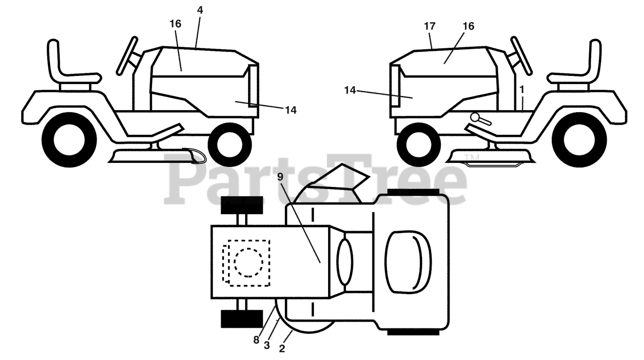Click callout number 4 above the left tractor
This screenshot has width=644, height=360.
pyautogui.click(x=200, y=9)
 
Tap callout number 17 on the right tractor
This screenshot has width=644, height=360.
pyautogui.click(x=430, y=26)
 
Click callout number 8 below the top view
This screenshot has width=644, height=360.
pyautogui.click(x=256, y=340)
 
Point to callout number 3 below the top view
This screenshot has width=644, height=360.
pyautogui.click(x=267, y=345)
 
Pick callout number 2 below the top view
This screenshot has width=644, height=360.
pyautogui.click(x=282, y=348)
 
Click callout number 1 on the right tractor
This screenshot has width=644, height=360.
pyautogui.click(x=522, y=89)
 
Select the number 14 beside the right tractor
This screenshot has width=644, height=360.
pyautogui.click(x=351, y=90)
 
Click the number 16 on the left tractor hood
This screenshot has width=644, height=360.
pyautogui.click(x=176, y=24)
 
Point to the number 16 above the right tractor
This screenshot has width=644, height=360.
pyautogui.click(x=468, y=26)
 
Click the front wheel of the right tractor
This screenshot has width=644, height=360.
pyautogui.click(x=419, y=144)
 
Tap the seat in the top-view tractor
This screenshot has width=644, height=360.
pyautogui.click(x=408, y=261)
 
